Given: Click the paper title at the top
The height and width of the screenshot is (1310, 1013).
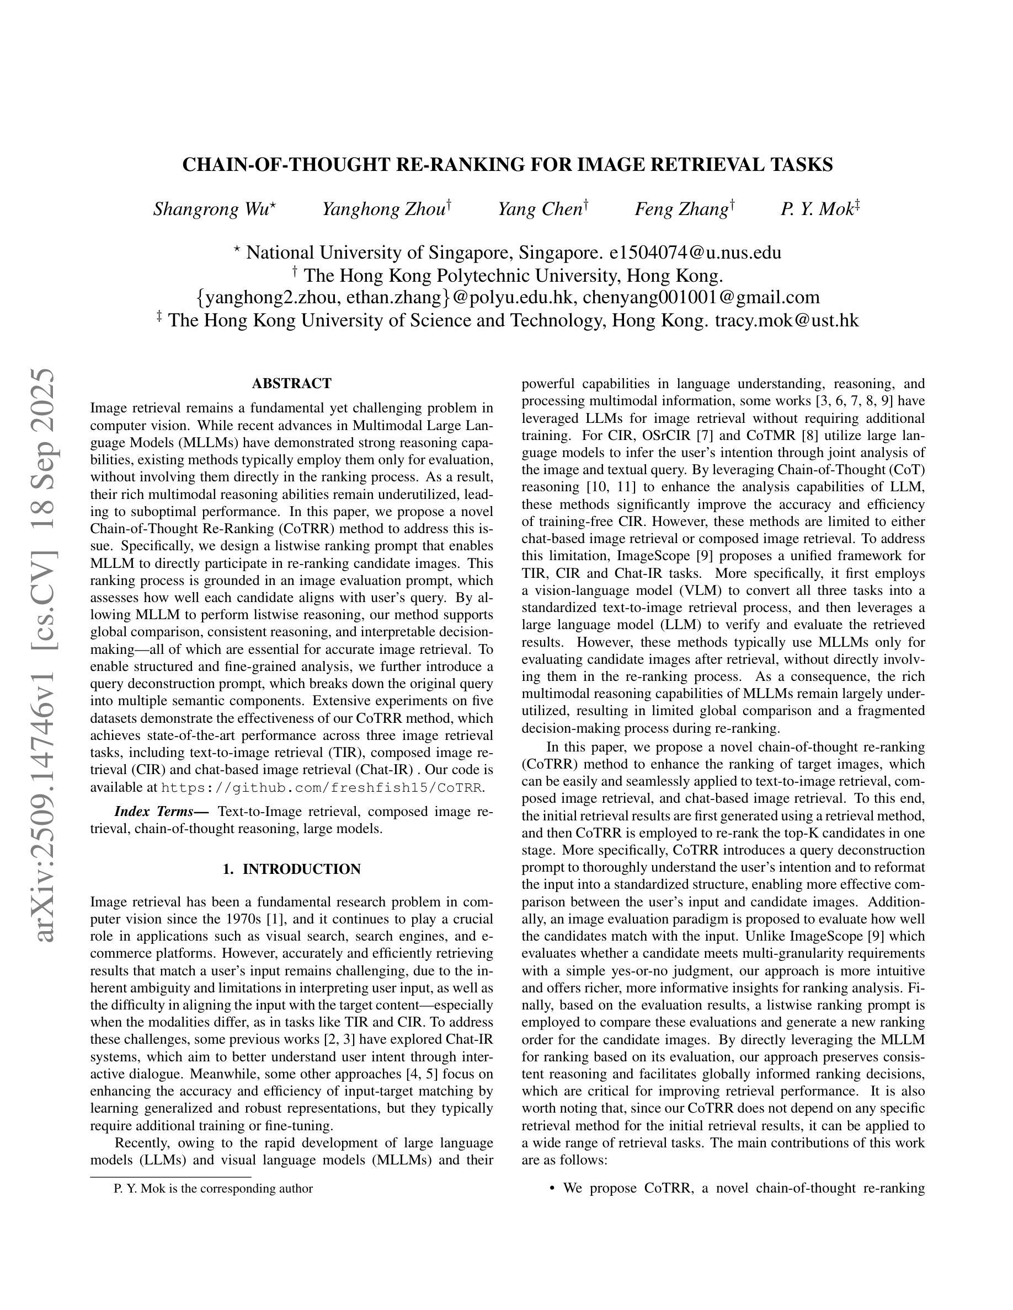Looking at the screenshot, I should tap(507, 165).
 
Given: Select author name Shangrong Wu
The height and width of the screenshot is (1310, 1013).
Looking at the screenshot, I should tap(213, 210).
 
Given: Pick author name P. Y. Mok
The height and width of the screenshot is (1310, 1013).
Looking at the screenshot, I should tap(817, 210).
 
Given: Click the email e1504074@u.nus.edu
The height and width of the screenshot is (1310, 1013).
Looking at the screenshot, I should tap(695, 253).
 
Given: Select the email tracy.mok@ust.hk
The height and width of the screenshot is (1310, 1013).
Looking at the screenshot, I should tap(787, 320).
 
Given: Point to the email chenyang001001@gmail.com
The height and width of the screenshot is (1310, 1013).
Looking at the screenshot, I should tap(701, 298).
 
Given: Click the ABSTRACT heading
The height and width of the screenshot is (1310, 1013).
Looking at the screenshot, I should tap(292, 383).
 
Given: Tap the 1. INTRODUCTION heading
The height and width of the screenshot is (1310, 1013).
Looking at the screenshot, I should tap(292, 869).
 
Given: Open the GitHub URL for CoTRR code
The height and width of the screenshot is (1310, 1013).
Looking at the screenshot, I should tap(322, 787).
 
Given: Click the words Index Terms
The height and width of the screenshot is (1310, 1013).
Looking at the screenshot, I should tap(161, 812).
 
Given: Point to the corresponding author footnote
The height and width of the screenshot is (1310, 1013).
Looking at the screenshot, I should tap(213, 1188).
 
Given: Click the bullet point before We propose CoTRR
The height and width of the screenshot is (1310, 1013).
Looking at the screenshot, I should tap(552, 1188).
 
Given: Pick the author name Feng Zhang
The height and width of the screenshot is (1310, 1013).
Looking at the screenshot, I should tap(683, 210).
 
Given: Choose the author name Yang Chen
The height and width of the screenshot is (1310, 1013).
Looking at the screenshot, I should tap(541, 210).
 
